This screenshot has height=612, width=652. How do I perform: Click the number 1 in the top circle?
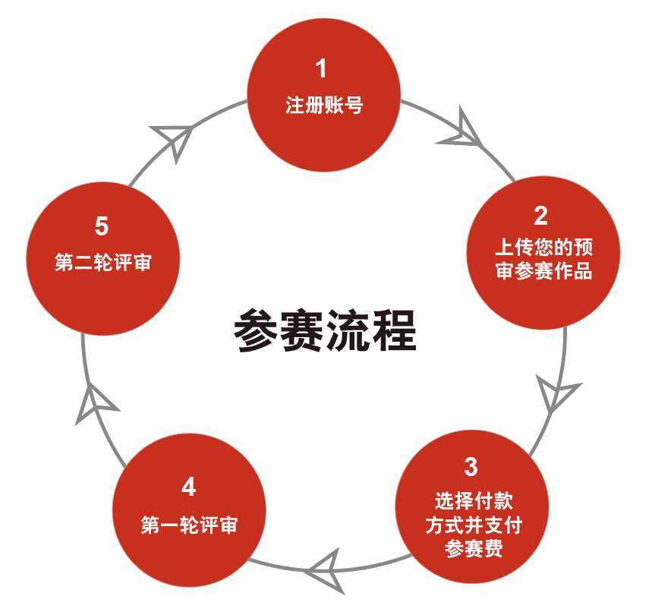click(322, 69)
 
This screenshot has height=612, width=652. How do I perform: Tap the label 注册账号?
click(324, 105)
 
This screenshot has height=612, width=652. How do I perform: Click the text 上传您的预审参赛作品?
click(543, 260)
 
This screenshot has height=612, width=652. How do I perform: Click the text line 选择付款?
click(474, 501)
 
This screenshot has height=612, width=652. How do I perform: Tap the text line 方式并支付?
click(474, 525)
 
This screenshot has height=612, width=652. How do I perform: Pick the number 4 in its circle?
click(189, 487)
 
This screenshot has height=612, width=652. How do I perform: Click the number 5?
click(102, 226)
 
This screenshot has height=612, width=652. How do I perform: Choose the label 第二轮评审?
click(103, 263)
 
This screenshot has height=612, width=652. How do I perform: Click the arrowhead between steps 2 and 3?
click(556, 393)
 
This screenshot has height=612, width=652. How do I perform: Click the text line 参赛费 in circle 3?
click(474, 548)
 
